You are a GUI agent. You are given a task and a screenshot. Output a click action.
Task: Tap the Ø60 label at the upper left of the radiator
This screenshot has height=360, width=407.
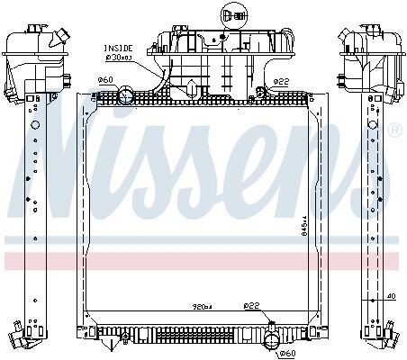point(104,81)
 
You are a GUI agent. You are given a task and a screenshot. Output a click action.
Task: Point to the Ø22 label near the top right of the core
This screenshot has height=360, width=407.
point(281,81)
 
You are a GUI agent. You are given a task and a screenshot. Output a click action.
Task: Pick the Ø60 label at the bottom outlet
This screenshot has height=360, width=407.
point(287,354)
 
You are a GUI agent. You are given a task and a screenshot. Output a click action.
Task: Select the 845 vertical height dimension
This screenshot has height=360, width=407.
point(304,229)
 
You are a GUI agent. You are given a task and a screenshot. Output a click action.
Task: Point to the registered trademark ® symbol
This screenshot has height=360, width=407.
point(393,131)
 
